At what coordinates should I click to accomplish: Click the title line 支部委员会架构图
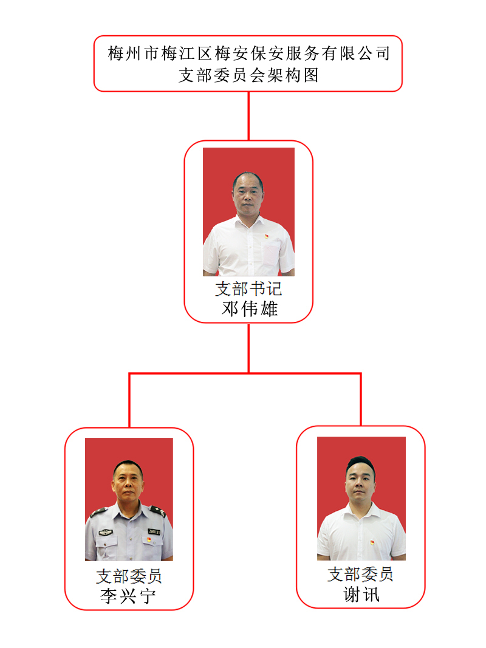pyautogui.click(x=248, y=75)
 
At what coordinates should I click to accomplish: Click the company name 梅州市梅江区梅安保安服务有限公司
pyautogui.click(x=248, y=53)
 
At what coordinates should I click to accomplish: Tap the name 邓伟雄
pyautogui.click(x=249, y=309)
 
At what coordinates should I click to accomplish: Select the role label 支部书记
pyautogui.click(x=248, y=289)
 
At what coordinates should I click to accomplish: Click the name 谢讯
pyautogui.click(x=361, y=595)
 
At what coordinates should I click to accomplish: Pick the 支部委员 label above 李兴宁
pyautogui.click(x=129, y=576)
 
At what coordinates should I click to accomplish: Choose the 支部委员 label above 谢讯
pyautogui.click(x=360, y=574)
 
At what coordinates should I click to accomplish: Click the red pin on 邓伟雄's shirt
pyautogui.click(x=267, y=236)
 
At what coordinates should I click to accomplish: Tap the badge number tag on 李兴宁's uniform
pyautogui.click(x=154, y=532)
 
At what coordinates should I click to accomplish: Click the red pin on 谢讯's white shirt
pyautogui.click(x=372, y=542)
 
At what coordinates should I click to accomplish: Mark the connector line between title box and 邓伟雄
pyautogui.click(x=248, y=116)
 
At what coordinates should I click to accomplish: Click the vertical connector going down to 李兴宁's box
pyautogui.click(x=129, y=400)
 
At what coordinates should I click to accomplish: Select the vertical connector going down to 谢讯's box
pyautogui.click(x=361, y=399)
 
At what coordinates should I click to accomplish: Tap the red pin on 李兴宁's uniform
pyautogui.click(x=149, y=540)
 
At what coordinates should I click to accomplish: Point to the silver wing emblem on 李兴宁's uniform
pyautogui.click(x=106, y=533)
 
